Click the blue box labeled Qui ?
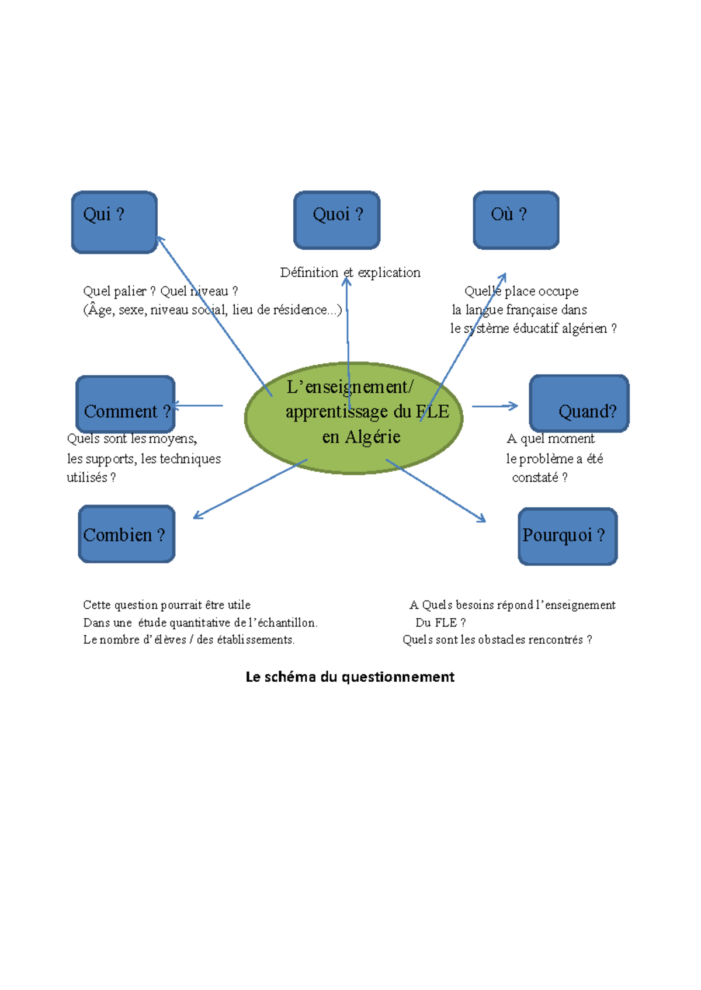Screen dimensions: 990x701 (114, 222)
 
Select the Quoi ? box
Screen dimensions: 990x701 (337, 220)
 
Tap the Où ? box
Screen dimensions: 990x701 (516, 220)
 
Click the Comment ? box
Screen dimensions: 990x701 (126, 404)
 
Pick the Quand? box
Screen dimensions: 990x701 (579, 403)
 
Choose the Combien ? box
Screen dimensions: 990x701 (127, 534)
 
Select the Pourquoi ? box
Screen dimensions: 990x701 (567, 536)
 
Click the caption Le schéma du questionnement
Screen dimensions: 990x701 (350, 677)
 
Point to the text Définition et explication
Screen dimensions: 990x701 (350, 273)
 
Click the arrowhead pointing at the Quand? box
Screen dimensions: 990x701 (514, 406)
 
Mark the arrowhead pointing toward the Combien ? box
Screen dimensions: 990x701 (197, 516)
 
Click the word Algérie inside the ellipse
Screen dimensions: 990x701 (373, 437)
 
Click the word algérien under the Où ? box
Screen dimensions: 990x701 (584, 329)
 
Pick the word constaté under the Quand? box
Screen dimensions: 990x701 (535, 477)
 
